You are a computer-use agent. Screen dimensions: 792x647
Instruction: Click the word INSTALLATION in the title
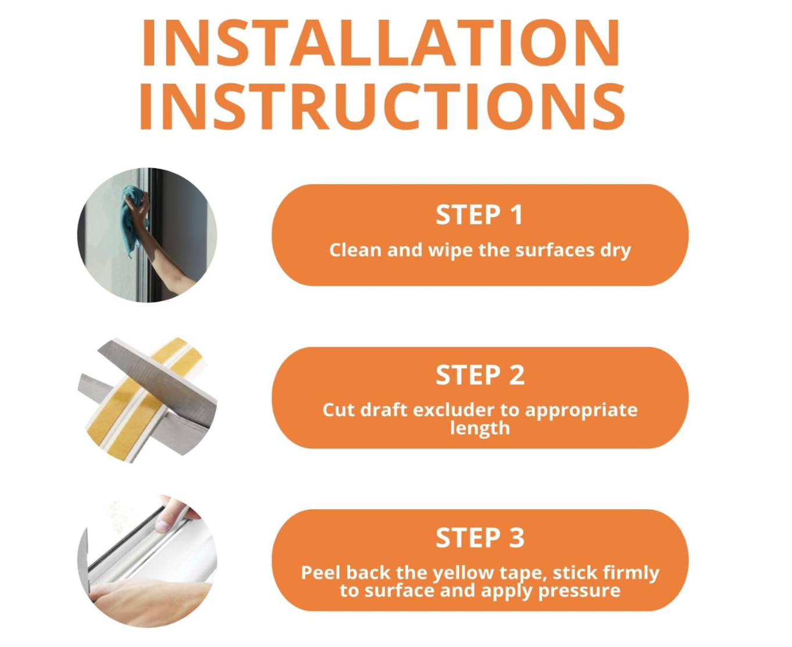tap(380, 42)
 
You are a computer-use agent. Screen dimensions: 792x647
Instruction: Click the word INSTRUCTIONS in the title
tap(382, 106)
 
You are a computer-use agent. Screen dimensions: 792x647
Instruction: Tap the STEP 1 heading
tap(479, 215)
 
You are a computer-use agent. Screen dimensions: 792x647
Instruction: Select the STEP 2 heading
tap(480, 375)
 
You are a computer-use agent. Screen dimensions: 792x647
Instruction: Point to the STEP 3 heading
tap(480, 537)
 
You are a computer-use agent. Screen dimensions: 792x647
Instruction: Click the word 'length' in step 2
tap(480, 429)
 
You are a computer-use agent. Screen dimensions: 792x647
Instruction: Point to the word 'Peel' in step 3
tap(322, 572)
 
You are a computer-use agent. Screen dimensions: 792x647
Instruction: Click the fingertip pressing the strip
tap(163, 526)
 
